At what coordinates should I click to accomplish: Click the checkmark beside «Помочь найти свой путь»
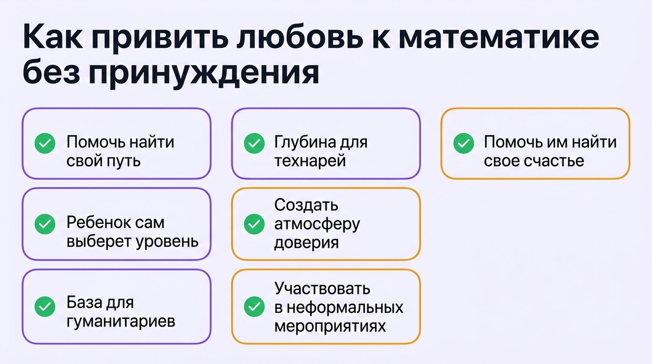(45, 143)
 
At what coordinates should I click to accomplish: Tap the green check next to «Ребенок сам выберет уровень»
(45, 224)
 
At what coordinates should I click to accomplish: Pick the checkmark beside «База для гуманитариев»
(45, 306)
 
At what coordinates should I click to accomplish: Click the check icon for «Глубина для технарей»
(253, 143)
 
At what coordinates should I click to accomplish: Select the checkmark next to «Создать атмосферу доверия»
(253, 224)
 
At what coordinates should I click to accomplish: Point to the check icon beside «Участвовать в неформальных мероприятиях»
(253, 306)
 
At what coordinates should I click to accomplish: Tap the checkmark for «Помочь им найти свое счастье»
(463, 143)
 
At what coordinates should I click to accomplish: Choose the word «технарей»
(310, 161)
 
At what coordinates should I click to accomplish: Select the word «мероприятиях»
(330, 327)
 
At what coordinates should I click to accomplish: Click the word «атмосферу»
(317, 224)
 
